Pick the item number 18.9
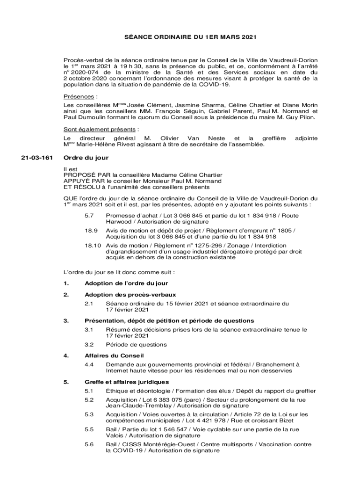tap(91, 231)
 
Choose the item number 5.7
tap(89, 215)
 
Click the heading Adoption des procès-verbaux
tap(130, 295)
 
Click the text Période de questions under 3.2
tap(136, 344)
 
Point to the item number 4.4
tap(89, 364)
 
